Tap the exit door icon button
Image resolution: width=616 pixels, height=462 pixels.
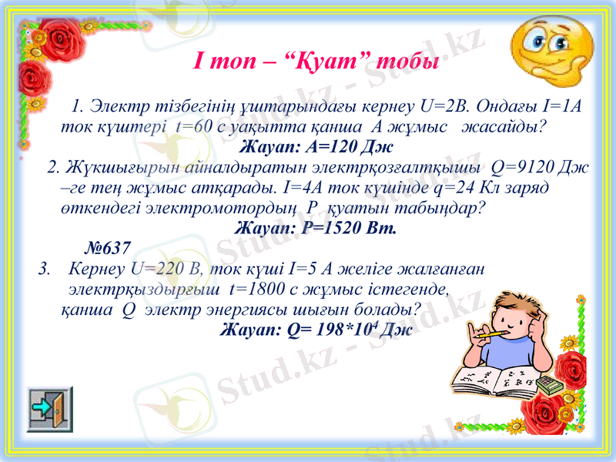pyautogui.click(x=50, y=409)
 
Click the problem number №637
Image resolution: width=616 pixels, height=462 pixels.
pyautogui.click(x=106, y=248)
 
